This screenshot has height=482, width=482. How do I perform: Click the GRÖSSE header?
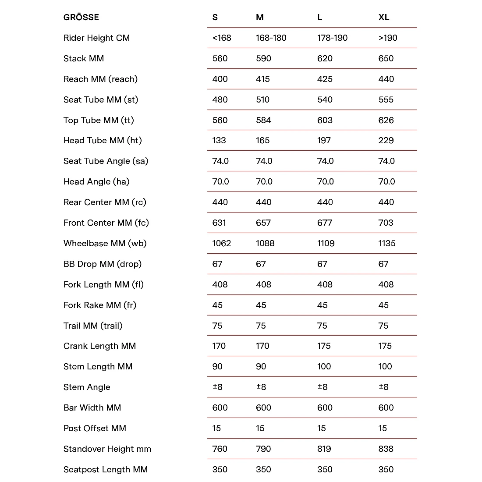pyautogui.click(x=81, y=18)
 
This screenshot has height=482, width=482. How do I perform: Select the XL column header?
pyautogui.click(x=384, y=18)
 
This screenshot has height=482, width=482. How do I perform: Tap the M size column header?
pyautogui.click(x=260, y=18)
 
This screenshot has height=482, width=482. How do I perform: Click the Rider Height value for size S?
pyautogui.click(x=222, y=38)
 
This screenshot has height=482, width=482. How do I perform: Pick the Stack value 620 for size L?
pyautogui.click(x=325, y=59)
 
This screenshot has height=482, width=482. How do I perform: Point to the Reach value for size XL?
pyautogui.click(x=386, y=79)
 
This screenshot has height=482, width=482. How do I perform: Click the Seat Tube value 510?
pyautogui.click(x=263, y=100)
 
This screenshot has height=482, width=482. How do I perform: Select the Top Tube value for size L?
pyautogui.click(x=325, y=120)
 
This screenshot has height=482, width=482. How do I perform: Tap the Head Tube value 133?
pyautogui.click(x=219, y=141)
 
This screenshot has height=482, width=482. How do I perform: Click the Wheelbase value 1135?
pyautogui.click(x=387, y=244)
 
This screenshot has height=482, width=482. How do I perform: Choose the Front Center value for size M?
pyautogui.click(x=263, y=223)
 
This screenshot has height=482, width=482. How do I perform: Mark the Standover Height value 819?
pyautogui.click(x=324, y=449)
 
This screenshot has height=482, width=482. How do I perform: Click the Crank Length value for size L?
pyautogui.click(x=324, y=346)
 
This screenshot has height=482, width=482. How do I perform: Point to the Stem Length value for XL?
pyautogui.click(x=385, y=367)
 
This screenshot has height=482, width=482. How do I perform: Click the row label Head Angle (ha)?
pyautogui.click(x=96, y=182)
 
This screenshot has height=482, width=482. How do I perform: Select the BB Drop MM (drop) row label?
pyautogui.click(x=103, y=264)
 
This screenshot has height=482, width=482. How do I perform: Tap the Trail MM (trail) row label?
pyautogui.click(x=93, y=326)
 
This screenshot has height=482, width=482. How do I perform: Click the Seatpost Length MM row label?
pyautogui.click(x=106, y=470)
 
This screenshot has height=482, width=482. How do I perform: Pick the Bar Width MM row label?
pyautogui.click(x=92, y=408)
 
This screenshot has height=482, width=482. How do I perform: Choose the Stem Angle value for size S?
pyautogui.click(x=217, y=387)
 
